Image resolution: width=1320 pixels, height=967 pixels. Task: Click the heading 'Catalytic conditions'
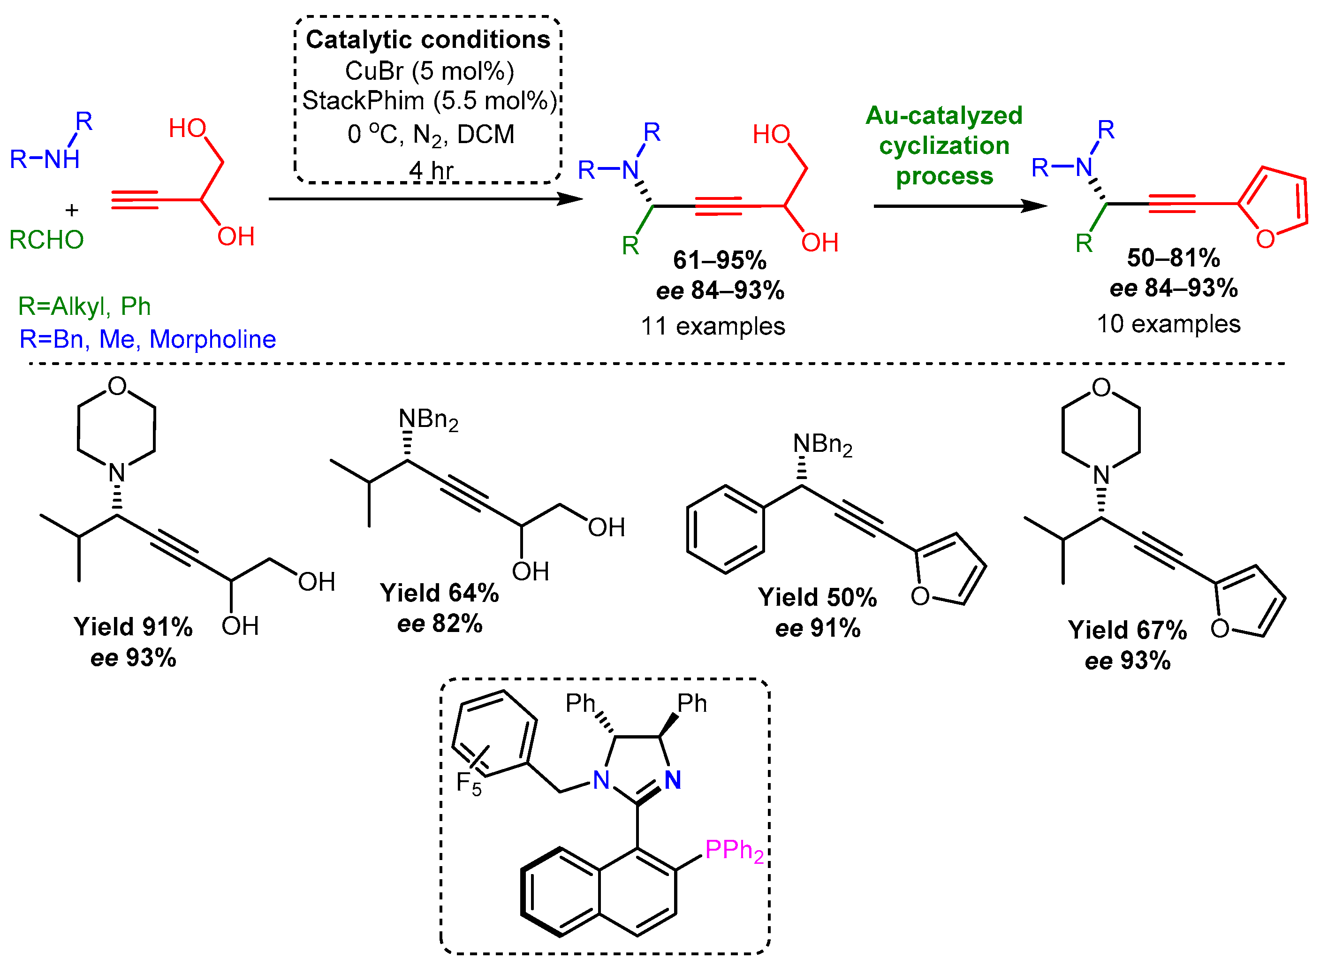coord(428,40)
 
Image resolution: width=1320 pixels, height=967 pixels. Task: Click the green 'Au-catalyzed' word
coord(944,115)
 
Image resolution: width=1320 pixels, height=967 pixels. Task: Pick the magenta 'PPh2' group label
coord(734,850)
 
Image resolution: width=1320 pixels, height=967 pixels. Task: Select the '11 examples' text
coord(713,326)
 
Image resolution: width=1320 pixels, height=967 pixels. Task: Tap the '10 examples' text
coord(1168,324)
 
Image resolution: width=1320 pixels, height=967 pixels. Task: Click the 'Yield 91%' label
coord(133,627)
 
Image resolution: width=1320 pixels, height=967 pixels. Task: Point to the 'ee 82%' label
coord(440,624)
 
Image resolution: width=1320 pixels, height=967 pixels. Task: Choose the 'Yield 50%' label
coord(818,598)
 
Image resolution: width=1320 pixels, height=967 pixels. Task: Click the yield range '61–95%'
coord(720,260)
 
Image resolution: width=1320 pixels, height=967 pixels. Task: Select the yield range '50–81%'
coord(1173,258)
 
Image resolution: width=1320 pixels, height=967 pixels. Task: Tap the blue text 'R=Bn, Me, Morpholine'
coord(147,340)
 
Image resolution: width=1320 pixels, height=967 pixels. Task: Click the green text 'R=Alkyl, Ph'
coord(84,306)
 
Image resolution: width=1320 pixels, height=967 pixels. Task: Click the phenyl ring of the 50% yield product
coord(726,529)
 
